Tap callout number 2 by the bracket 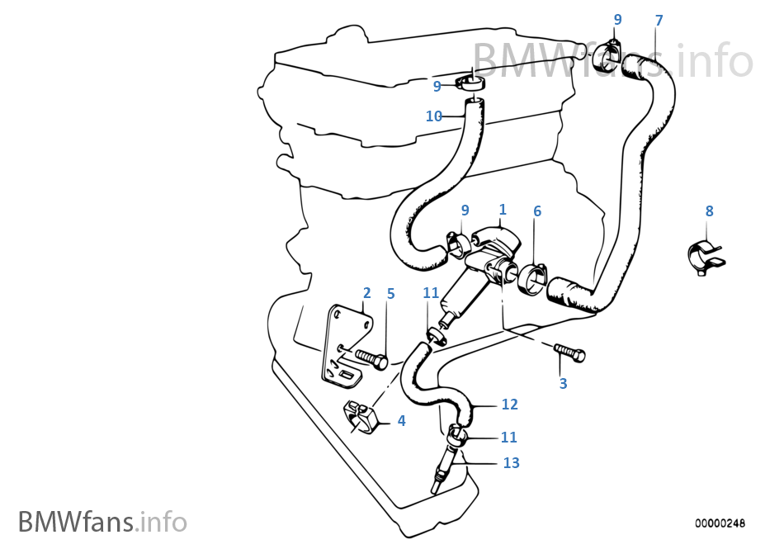coord(366,293)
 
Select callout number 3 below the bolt coord(563,383)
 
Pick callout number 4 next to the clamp coord(401,420)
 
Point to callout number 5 coord(390,293)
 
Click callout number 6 coord(537,211)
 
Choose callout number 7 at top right coord(658,20)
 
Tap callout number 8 coord(709,211)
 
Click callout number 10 coord(434,116)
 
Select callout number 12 coord(509,404)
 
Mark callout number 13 coord(511,462)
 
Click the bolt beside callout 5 coord(371,359)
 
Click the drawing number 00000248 coord(720,523)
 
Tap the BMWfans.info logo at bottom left coord(102,522)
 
